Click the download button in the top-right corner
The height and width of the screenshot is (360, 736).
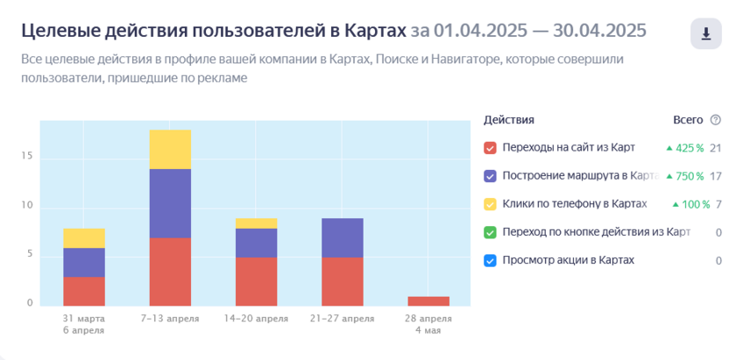coord(705,34)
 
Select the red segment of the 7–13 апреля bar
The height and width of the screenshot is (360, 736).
coord(170,271)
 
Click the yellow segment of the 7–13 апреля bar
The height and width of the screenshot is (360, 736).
coord(170,149)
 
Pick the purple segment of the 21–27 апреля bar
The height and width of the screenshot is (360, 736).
coord(342,237)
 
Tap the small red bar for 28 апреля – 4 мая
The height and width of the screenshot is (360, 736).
coord(428,300)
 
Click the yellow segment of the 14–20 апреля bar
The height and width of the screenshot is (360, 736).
coord(256,223)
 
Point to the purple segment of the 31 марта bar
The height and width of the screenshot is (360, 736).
coord(84,262)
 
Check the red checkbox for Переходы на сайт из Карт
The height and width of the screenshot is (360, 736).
coord(491,148)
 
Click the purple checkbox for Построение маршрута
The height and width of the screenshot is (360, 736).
coord(491,176)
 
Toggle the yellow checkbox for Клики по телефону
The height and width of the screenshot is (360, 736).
coord(491,204)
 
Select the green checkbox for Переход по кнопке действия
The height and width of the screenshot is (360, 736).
coord(491,232)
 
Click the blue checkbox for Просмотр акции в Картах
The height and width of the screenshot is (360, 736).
coord(491,260)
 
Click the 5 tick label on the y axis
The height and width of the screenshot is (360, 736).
coord(30,255)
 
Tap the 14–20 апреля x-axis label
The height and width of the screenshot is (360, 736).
coord(256,318)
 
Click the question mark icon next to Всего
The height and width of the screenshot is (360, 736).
coord(715,120)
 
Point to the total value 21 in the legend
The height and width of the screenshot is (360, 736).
coord(715,148)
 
